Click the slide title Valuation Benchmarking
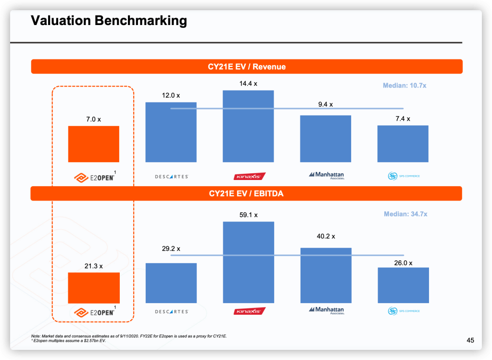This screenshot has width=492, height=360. [109, 21]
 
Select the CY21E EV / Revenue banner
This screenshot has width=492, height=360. [247, 66]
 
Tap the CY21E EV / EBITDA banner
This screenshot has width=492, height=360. [247, 193]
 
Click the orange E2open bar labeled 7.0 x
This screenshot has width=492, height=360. [93, 144]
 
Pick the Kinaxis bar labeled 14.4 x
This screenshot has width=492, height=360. [248, 126]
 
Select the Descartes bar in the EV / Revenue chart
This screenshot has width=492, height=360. [171, 132]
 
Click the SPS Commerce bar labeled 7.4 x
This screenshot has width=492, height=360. [403, 143]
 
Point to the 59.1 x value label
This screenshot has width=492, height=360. [248, 215]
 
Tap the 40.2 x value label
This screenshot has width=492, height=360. [326, 236]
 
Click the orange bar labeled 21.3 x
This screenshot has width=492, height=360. [93, 287]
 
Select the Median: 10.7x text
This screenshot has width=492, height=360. [404, 86]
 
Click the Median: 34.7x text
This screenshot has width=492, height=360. [405, 214]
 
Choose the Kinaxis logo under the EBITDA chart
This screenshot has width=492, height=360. [249, 311]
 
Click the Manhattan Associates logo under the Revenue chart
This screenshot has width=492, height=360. [327, 175]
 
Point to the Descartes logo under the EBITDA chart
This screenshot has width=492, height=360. [171, 312]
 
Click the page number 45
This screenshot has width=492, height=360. [470, 340]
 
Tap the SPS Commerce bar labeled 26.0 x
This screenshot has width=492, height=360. [403, 285]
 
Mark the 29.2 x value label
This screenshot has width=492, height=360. [171, 249]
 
